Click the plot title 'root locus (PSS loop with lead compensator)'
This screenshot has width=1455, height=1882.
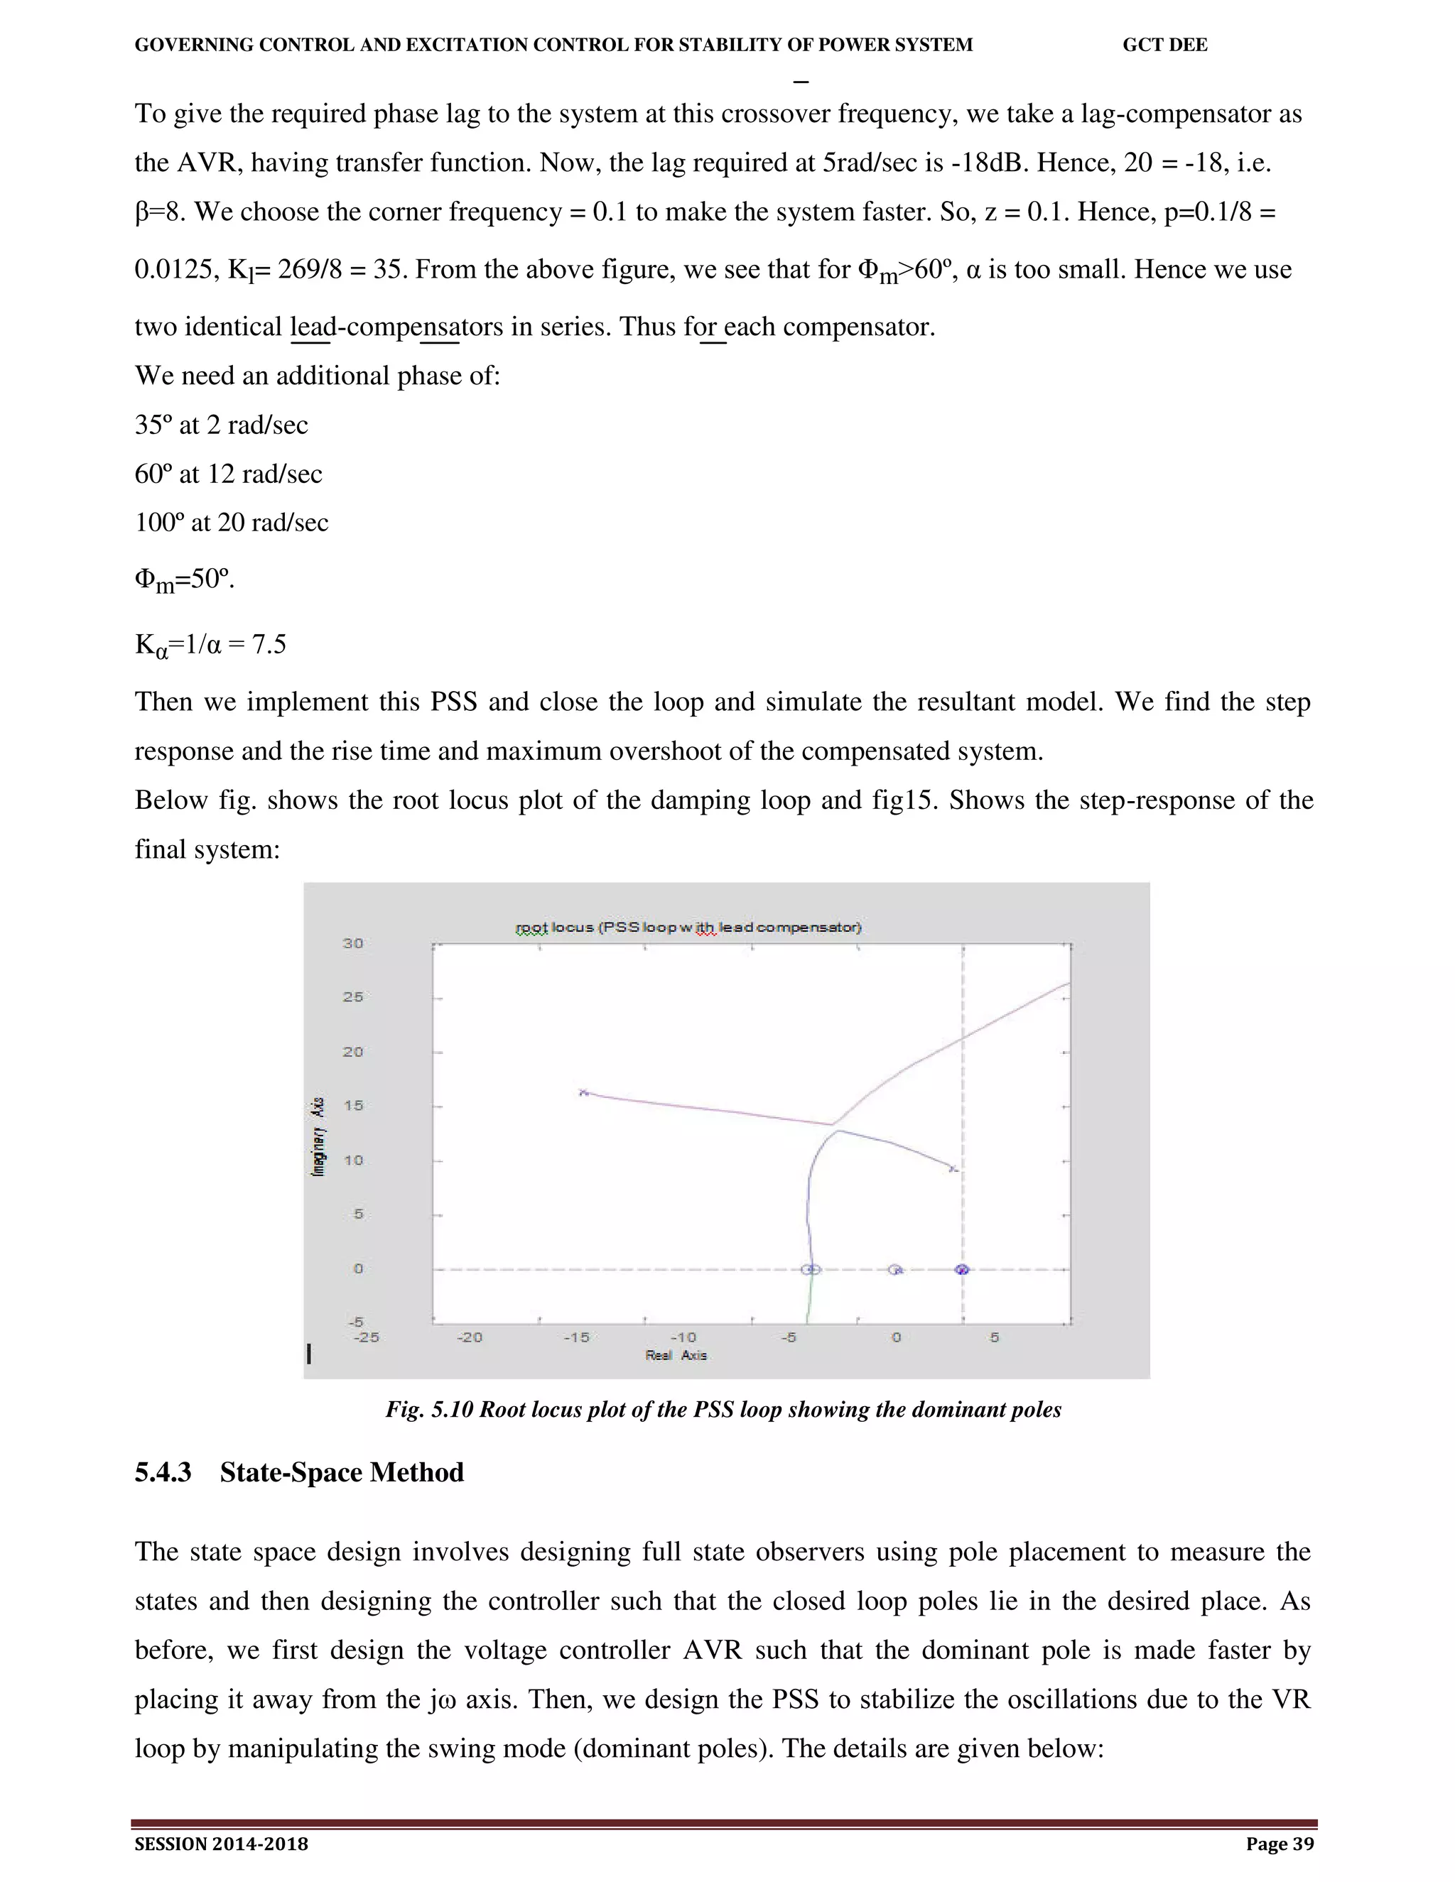688,928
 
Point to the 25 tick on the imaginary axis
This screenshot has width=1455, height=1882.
352,997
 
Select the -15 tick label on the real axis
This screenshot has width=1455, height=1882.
575,1337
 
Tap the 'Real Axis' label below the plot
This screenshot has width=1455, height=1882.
676,1356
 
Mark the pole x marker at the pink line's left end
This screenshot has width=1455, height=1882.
583,1093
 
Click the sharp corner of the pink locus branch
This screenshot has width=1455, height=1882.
832,1124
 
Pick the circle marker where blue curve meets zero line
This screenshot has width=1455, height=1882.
810,1269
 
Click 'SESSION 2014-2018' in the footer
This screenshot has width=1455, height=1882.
222,1844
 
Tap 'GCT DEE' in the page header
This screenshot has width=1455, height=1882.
1164,45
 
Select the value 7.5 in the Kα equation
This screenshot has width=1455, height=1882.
269,645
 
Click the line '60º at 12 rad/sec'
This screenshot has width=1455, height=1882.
229,474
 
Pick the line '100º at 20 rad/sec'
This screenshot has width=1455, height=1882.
231,522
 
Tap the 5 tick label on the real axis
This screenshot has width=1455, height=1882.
994,1337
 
